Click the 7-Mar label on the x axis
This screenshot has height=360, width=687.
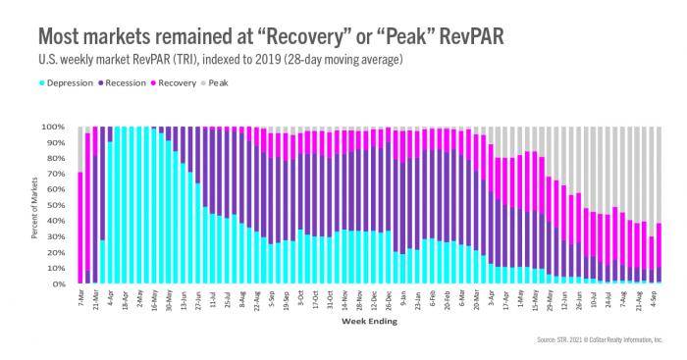pyautogui.click(x=79, y=297)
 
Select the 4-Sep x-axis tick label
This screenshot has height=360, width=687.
pyautogui.click(x=655, y=297)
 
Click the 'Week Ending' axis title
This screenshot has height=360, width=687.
pyautogui.click(x=368, y=321)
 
